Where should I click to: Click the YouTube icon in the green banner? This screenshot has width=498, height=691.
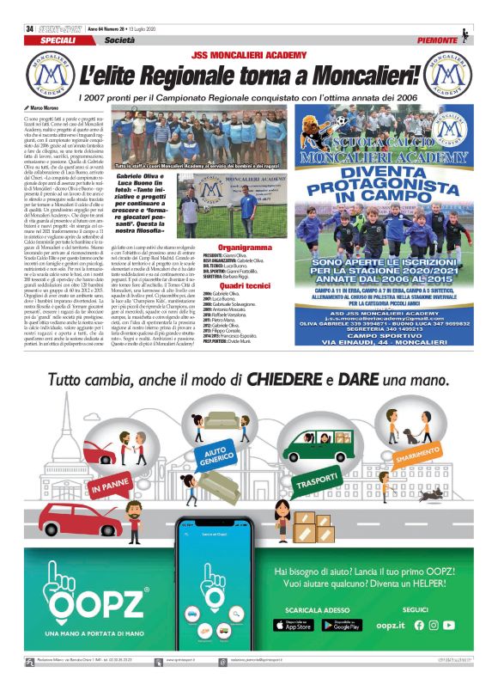click(449, 625)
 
